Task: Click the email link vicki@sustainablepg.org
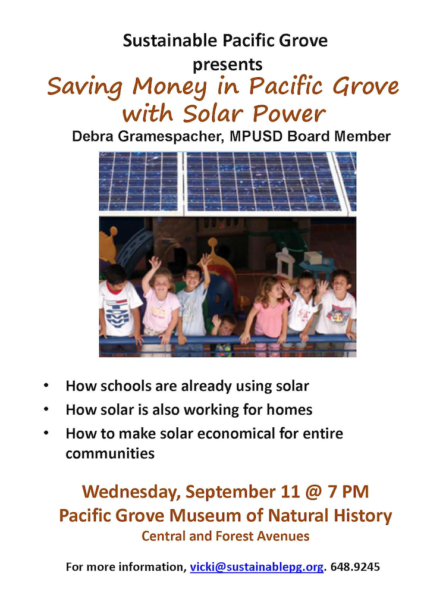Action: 257,567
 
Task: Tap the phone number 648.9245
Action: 355,567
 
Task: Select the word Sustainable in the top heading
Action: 170,40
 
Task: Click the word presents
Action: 228,65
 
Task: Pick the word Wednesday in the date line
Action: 131,492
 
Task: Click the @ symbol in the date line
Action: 313,492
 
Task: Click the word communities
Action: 110,453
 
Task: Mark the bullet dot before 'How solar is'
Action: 46,410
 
